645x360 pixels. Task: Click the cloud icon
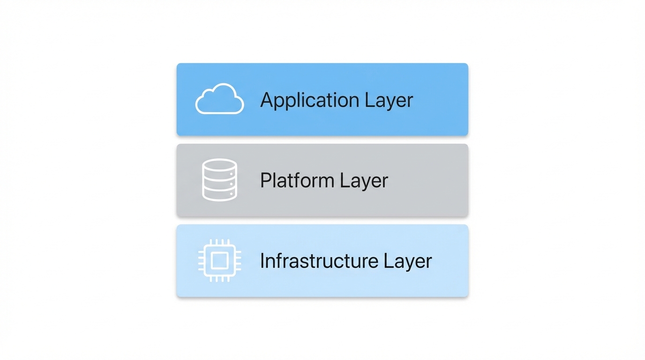click(x=219, y=99)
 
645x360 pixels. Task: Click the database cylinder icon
click(x=219, y=180)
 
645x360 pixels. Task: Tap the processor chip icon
click(x=219, y=261)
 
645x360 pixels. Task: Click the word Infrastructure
click(x=318, y=261)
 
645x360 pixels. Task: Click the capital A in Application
click(x=267, y=100)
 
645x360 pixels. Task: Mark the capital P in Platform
click(x=265, y=180)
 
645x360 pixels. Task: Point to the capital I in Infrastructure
click(x=262, y=261)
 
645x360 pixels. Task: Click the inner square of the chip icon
click(x=219, y=261)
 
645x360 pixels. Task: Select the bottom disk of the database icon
click(x=219, y=195)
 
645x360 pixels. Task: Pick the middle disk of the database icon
click(x=219, y=182)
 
